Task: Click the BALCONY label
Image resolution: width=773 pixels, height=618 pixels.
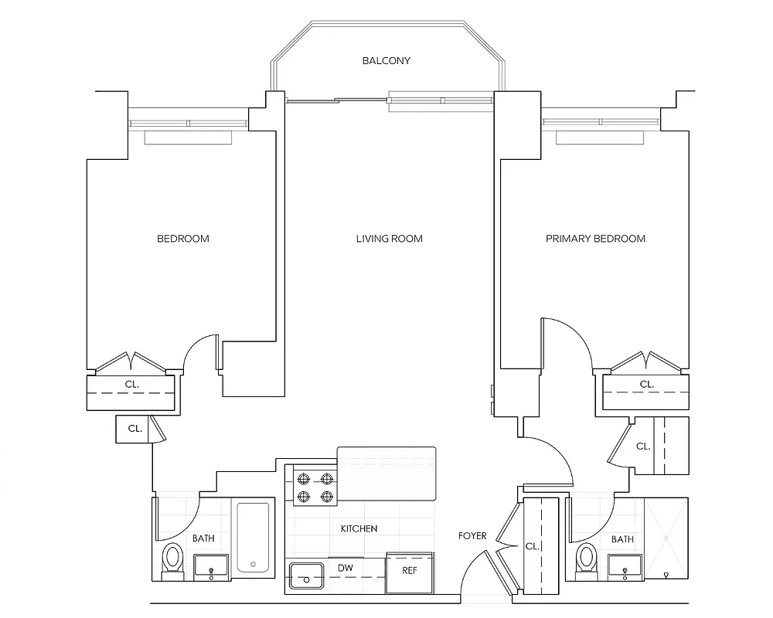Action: pyautogui.click(x=386, y=60)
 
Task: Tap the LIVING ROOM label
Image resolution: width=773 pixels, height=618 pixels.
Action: pyautogui.click(x=389, y=239)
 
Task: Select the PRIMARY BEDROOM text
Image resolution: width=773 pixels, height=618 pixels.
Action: pyautogui.click(x=595, y=239)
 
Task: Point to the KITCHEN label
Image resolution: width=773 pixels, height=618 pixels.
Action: pyautogui.click(x=359, y=529)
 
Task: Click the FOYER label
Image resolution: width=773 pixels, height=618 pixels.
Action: pyautogui.click(x=472, y=536)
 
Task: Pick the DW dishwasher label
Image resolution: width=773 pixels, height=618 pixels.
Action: pyautogui.click(x=346, y=568)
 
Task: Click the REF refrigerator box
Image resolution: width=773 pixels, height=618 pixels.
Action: pyautogui.click(x=410, y=572)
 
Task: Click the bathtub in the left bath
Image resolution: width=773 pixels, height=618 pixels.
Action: pyautogui.click(x=253, y=538)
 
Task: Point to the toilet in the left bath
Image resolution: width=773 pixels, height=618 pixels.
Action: pyautogui.click(x=172, y=559)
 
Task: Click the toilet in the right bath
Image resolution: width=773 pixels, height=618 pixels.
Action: pyautogui.click(x=587, y=559)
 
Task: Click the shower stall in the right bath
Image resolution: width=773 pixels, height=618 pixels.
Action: pyautogui.click(x=666, y=538)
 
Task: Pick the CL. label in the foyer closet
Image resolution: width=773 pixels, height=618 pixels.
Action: pyautogui.click(x=531, y=545)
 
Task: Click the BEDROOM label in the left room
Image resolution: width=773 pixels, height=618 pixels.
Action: pyautogui.click(x=183, y=239)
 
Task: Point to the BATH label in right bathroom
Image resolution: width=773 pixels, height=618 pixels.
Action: pyautogui.click(x=622, y=539)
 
